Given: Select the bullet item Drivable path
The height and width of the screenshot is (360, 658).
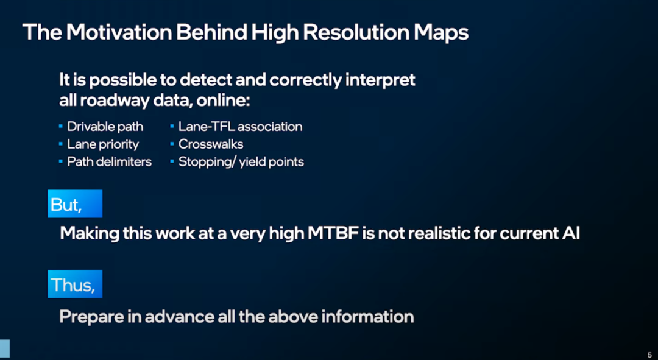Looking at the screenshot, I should point(105,127).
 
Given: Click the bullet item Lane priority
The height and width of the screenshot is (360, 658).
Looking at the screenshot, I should point(102,144).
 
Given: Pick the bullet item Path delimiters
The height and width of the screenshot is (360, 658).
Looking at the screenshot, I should point(109,161).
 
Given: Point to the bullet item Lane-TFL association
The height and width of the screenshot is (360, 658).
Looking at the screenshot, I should point(240,127).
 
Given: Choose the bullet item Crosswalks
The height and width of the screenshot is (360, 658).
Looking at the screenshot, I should point(210,144).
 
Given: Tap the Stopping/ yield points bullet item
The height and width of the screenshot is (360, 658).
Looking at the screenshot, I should point(241,161).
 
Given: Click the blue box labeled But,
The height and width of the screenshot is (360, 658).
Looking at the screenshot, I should point(74,204).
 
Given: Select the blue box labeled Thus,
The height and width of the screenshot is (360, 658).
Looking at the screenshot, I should point(74,284).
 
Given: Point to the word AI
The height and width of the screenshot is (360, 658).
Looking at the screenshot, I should point(570,233).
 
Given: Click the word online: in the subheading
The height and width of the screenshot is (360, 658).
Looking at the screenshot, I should point(223,99).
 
